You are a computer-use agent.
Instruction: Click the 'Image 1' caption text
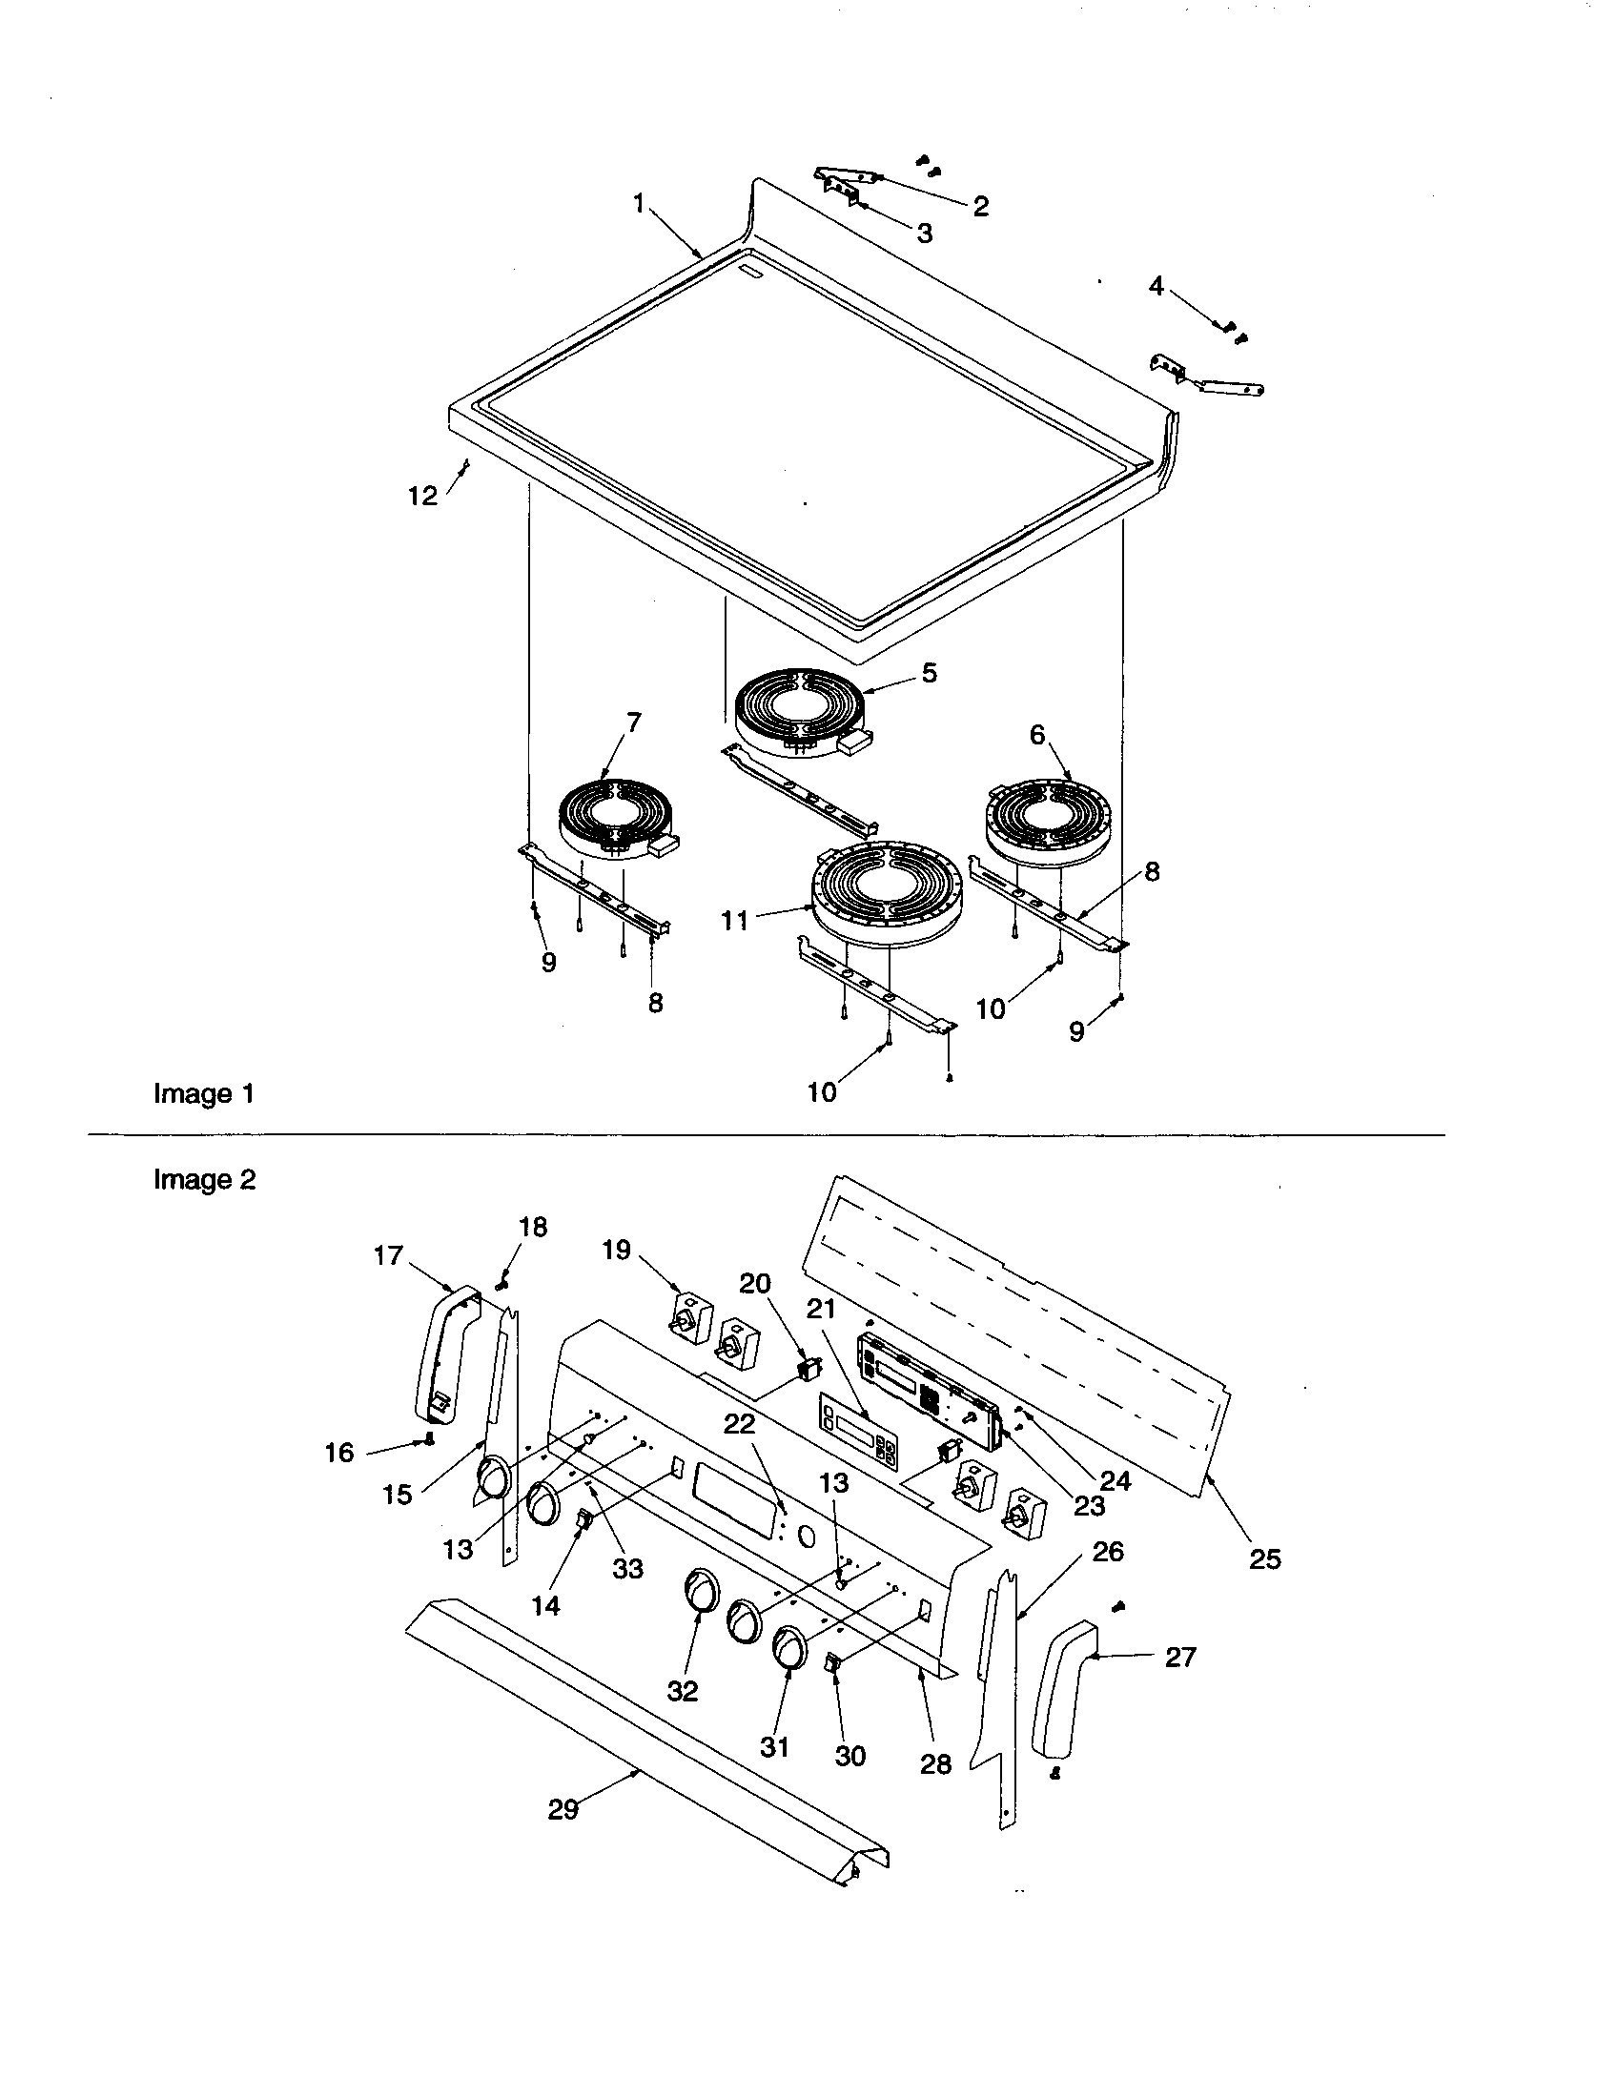coord(204,1093)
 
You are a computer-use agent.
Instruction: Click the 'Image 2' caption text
coord(204,1179)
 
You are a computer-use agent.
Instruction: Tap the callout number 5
coord(929,673)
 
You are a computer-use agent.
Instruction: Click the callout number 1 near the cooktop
coord(640,204)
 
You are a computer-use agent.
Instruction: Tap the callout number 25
coord(1264,1559)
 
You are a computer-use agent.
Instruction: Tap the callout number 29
coord(563,1809)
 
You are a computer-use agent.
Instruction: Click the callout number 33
coord(628,1568)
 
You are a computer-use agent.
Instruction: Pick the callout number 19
coord(617,1250)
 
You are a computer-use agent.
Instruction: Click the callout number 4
coord(1156,286)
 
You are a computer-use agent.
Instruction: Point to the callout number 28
coord(935,1763)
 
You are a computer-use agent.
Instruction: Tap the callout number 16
coord(339,1453)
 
